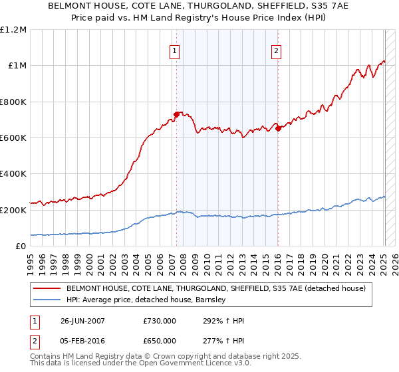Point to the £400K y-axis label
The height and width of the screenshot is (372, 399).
pyautogui.click(x=13, y=174)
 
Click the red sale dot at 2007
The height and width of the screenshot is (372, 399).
pyautogui.click(x=177, y=114)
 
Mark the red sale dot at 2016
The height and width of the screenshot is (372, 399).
pyautogui.click(x=278, y=129)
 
